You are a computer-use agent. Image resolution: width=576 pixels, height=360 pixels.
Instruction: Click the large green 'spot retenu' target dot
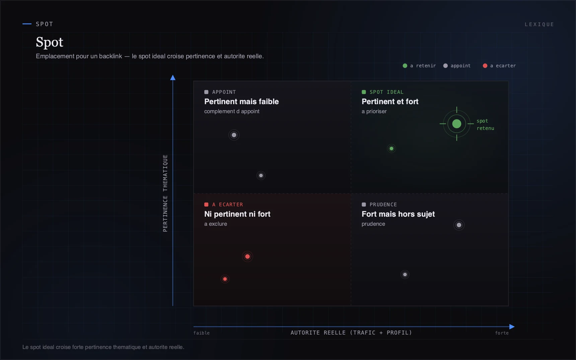456,124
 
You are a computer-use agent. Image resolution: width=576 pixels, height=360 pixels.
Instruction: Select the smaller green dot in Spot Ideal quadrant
391,148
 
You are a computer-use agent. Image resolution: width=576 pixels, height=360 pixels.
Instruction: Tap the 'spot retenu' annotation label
485,125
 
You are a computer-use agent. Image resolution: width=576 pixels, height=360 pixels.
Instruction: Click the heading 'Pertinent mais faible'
241,101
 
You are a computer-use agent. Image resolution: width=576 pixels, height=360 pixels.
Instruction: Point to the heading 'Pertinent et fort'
390,101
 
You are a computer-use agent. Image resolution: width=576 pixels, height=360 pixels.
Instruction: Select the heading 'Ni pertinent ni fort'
237,214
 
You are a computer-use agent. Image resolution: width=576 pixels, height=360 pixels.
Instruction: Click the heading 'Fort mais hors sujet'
398,214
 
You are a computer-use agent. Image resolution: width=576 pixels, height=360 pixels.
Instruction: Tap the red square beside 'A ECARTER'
206,205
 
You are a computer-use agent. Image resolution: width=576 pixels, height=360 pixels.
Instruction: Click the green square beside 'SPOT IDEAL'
364,92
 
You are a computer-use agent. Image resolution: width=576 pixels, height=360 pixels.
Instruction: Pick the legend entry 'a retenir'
419,66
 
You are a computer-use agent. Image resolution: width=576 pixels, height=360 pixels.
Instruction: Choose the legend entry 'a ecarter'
499,66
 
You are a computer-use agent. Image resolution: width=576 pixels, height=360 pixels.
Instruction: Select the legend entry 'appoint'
457,66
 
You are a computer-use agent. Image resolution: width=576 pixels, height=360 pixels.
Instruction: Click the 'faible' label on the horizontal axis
202,333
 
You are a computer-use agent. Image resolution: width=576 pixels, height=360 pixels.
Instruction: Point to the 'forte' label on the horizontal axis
502,333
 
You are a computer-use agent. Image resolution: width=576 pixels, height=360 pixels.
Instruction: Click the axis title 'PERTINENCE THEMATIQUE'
165,193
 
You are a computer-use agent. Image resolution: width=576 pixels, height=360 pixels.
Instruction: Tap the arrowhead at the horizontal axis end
512,327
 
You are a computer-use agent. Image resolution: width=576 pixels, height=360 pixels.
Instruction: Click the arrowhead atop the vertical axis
173,78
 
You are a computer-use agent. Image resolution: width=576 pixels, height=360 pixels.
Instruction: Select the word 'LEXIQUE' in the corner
539,24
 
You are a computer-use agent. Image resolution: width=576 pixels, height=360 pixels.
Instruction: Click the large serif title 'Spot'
50,42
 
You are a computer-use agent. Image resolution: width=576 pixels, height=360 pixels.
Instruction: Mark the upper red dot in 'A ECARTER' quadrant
247,257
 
